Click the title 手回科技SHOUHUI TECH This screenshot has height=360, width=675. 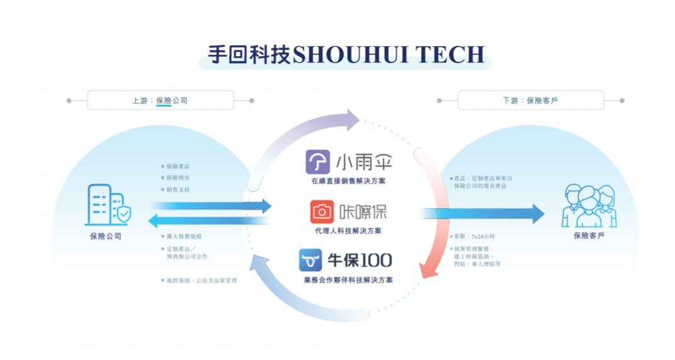click(x=345, y=54)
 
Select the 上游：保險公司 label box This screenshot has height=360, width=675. click(x=160, y=100)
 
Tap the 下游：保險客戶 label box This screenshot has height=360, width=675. click(x=530, y=100)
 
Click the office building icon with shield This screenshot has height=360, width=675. click(x=108, y=206)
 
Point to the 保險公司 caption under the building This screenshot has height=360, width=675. click(x=106, y=236)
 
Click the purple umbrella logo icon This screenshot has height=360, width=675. click(x=318, y=161)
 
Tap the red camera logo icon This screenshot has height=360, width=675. click(x=322, y=212)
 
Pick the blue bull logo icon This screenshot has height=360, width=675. click(x=311, y=260)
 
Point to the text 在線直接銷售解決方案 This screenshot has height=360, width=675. click(x=348, y=181)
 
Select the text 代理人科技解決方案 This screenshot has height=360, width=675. click(x=348, y=231)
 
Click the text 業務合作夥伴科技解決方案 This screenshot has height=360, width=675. click(x=348, y=279)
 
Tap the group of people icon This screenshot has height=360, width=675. click(x=589, y=206)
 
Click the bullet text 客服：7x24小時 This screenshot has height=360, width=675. click(x=475, y=236)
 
